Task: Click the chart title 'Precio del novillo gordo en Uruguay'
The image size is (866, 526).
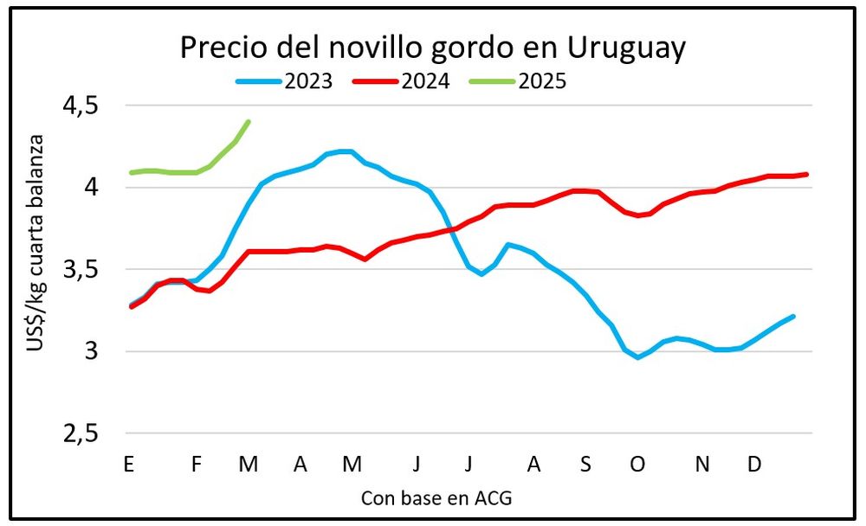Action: [433, 48]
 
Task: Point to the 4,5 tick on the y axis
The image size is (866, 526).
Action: [81, 106]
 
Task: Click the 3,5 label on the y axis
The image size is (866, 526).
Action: [81, 269]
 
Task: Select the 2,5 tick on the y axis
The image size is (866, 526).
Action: [81, 433]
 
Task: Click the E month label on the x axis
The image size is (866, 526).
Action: [129, 465]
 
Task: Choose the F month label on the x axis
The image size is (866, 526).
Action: [197, 465]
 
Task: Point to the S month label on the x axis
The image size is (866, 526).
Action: [585, 465]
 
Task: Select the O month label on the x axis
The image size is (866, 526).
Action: [637, 465]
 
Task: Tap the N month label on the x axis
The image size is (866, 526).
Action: [703, 465]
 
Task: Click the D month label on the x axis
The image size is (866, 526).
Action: [754, 465]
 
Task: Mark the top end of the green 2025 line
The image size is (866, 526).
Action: [249, 121]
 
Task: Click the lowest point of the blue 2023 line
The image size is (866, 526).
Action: [638, 357]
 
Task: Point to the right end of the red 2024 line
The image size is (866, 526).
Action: [807, 174]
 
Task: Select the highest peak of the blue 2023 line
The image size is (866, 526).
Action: [345, 151]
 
